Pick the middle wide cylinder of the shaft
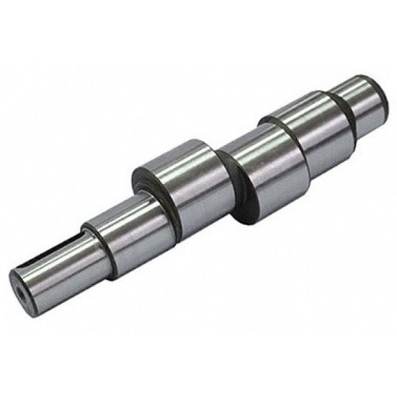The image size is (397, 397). (265, 165)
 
